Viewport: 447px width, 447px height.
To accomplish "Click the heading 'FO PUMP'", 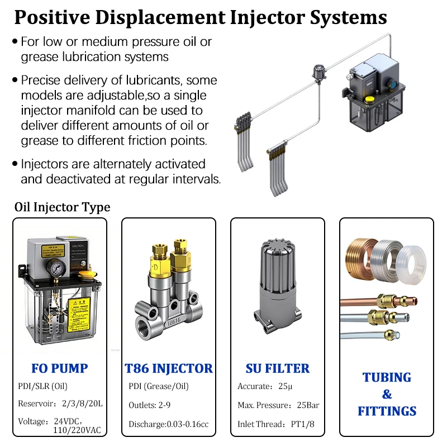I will (59, 368).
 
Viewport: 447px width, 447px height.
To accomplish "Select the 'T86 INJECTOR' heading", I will (168, 368).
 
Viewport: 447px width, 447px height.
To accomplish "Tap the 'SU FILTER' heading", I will (277, 368).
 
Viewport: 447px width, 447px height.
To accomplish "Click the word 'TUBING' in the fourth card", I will (387, 377).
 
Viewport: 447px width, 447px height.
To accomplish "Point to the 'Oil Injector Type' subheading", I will (62, 207).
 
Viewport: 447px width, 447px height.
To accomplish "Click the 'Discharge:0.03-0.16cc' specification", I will (168, 424).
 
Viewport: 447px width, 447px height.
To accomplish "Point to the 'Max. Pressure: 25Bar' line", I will (278, 405).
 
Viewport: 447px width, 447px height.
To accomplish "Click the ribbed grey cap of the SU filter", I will (277, 263).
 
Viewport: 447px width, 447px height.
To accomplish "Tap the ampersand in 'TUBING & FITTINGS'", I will (387, 394).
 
